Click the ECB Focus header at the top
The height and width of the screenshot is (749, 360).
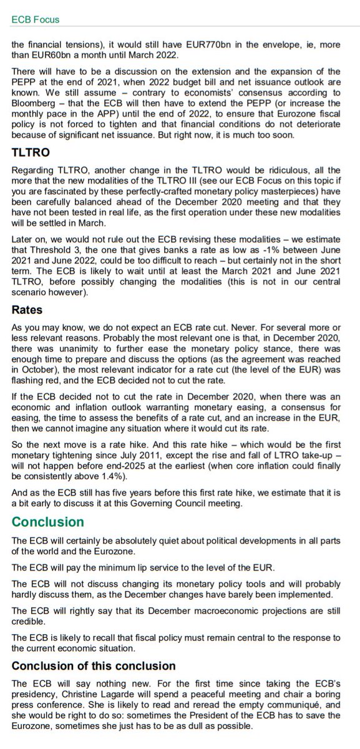pos(36,19)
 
